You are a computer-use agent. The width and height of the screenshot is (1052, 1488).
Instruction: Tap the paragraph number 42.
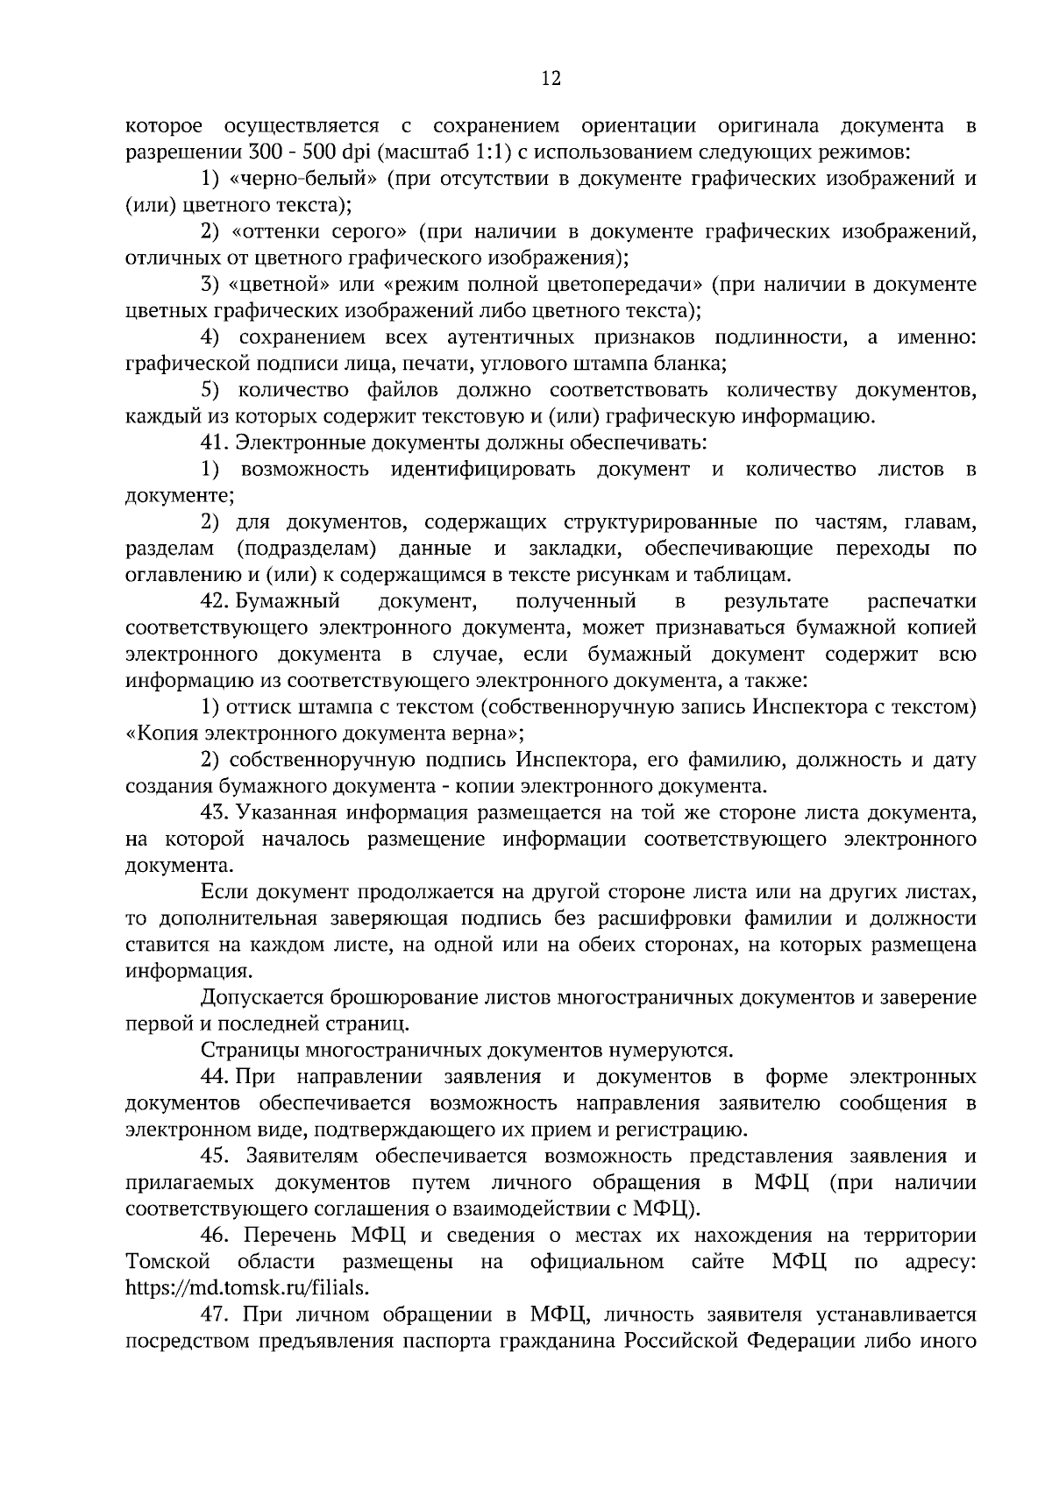[215, 601]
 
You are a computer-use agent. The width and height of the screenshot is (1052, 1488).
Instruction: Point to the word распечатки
[921, 601]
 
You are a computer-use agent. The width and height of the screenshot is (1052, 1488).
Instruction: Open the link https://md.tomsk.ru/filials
[247, 1287]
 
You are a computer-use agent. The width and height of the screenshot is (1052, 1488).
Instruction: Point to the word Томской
[168, 1261]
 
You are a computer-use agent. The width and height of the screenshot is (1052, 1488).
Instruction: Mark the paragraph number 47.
[216, 1314]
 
